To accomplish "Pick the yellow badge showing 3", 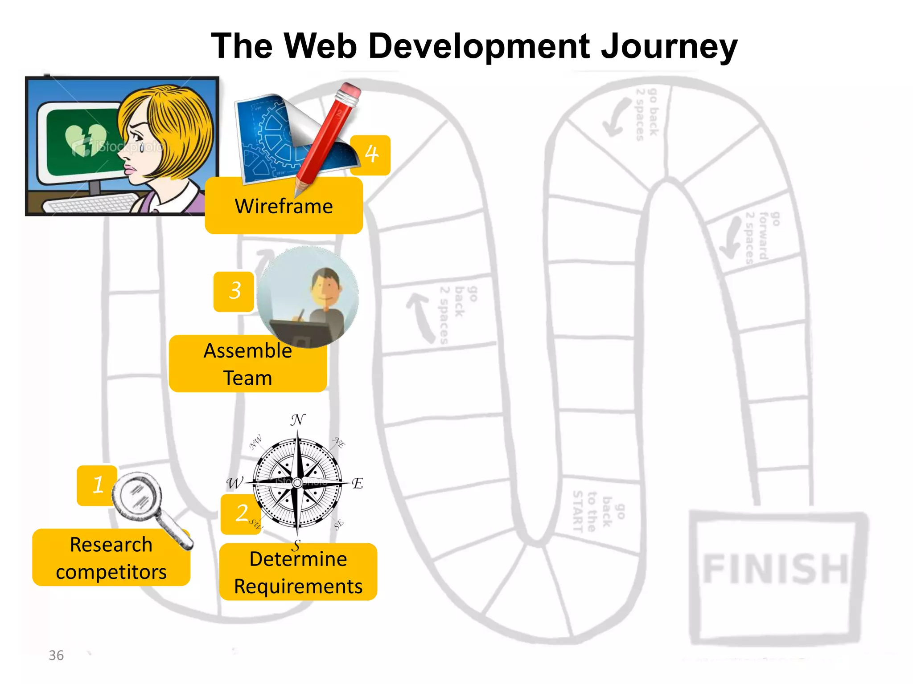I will click(234, 292).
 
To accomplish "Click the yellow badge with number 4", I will click(371, 155).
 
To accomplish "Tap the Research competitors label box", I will click(111, 558).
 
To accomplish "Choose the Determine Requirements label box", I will click(298, 573).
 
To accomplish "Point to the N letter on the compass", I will click(298, 419).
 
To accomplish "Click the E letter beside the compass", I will click(357, 484).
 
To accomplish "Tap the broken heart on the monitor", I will click(86, 139).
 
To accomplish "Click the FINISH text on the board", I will click(775, 569).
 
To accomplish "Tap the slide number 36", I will click(56, 655).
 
